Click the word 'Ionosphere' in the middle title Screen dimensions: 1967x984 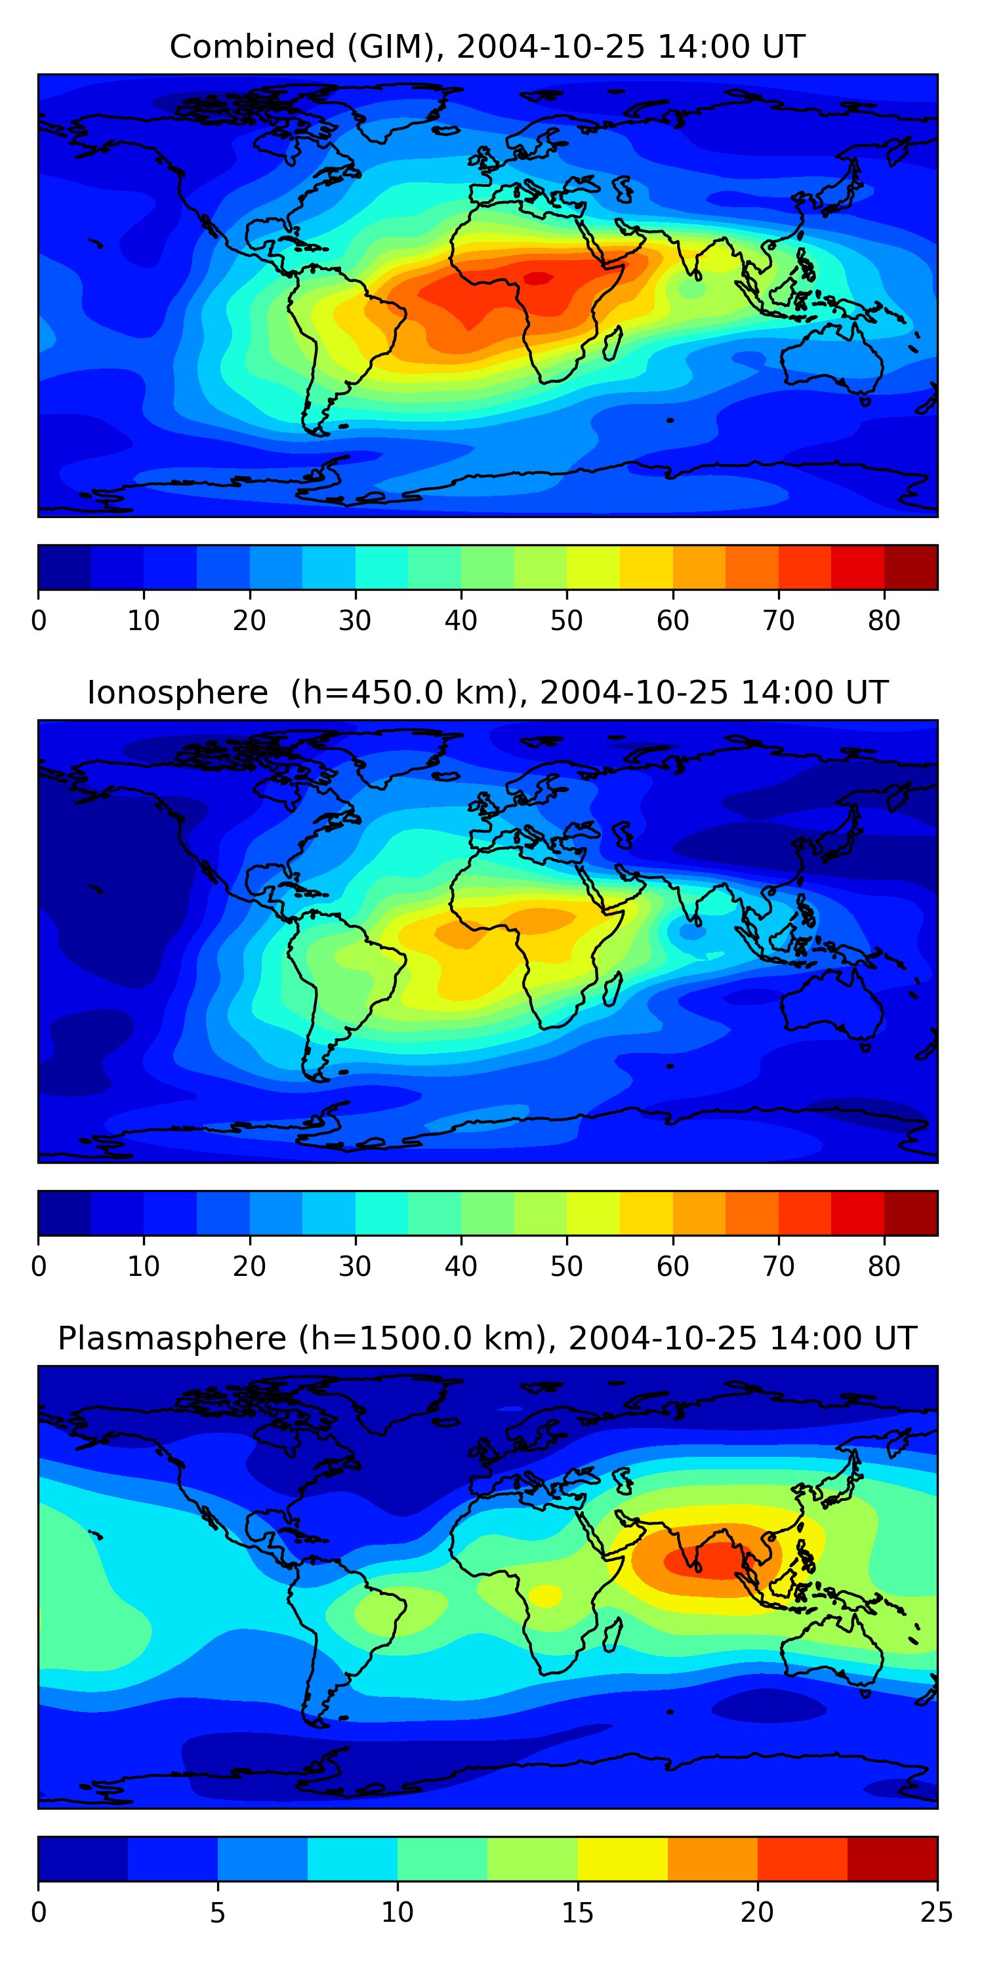pos(177,692)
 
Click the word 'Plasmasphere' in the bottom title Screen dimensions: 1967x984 pos(172,1339)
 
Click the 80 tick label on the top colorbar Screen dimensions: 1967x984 pos(884,621)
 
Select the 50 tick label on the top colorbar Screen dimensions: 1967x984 pos(567,621)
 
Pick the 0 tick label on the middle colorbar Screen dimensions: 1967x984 pos(39,1267)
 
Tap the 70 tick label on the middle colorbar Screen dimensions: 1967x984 pos(779,1267)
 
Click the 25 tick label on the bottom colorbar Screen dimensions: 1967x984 pos(937,1913)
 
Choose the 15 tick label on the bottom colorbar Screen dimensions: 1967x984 pos(577,1913)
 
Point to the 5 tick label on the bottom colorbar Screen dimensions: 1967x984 pos(218,1913)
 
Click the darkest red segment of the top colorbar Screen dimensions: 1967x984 pos(911,567)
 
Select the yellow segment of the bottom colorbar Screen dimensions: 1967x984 pos(623,1859)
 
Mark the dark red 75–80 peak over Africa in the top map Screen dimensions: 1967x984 pos(539,278)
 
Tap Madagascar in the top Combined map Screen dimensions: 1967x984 pos(611,344)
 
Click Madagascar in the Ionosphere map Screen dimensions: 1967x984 pos(611,989)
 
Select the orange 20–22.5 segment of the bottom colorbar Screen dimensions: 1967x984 pos(802,1859)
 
